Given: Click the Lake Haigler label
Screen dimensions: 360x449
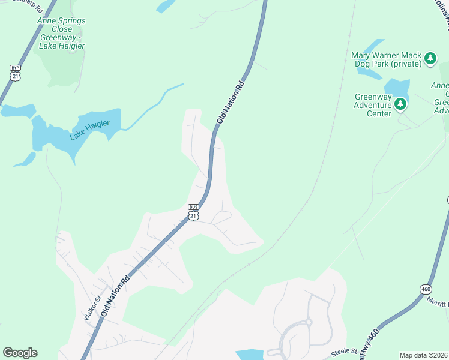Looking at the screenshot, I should pos(89,130).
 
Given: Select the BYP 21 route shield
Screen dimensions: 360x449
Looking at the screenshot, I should pos(15,73).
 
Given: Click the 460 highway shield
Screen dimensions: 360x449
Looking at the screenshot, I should pos(426,289).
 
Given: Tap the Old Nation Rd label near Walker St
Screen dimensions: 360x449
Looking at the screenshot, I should pos(115,297).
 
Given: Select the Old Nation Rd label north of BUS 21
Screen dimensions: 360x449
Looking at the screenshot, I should pos(231,102).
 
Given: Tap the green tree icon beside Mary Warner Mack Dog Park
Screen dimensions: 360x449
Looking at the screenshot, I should pos(430,58).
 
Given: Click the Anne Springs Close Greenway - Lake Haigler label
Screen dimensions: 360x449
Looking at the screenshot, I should pos(62,33).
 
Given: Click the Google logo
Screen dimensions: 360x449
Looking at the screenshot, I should pos(20,353).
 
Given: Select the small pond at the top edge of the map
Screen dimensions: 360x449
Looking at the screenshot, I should pos(165,6).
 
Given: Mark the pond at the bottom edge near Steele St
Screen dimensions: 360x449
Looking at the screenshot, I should pos(249,355).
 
